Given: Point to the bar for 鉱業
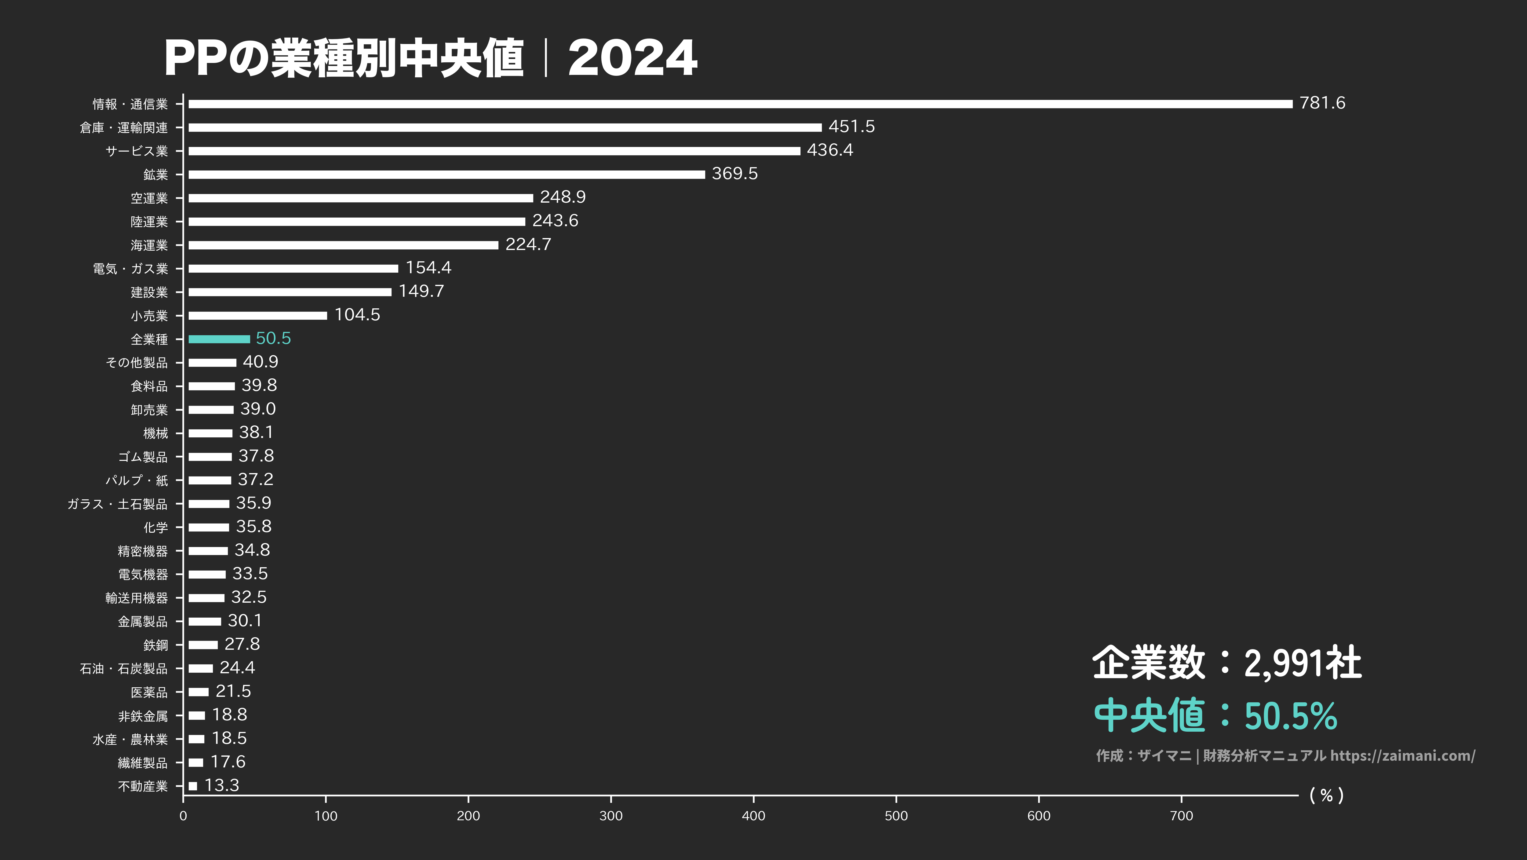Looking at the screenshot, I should point(446,175).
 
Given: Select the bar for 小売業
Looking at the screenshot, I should point(257,315).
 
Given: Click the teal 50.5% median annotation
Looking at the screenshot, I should point(1291,716).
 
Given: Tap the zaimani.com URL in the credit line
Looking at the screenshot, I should point(1402,755).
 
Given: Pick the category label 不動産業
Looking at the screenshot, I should point(143,786).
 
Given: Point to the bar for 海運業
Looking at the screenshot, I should point(343,245).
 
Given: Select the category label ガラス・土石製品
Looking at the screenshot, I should point(117,504).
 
